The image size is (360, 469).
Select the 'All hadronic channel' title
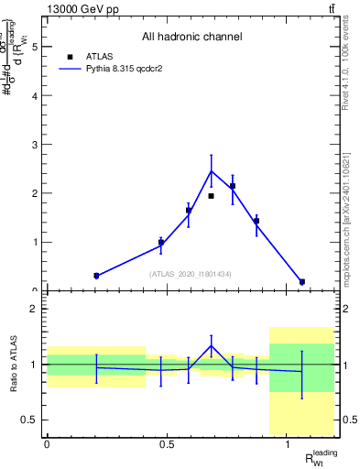tap(191, 38)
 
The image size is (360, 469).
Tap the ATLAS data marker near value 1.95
tap(211, 196)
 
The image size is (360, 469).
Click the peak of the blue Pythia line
tap(211, 171)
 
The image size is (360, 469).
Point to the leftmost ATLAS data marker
tap(96, 276)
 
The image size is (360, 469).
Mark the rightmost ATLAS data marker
tap(302, 282)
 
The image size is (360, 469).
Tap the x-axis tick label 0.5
tap(167, 444)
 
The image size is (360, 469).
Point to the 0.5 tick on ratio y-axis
tap(32, 420)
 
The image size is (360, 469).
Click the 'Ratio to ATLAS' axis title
tap(12, 364)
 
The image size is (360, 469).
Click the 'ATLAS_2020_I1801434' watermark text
tap(191, 274)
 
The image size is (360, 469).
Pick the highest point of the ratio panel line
tap(211, 346)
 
